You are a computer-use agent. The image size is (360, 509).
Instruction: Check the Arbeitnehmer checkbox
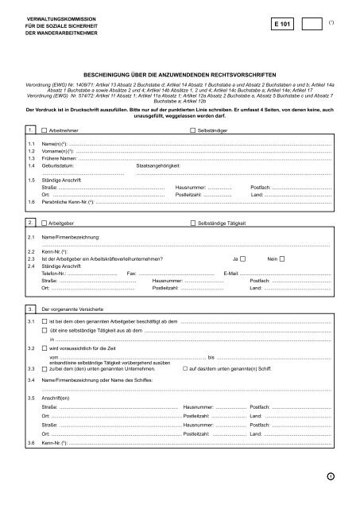click(44, 129)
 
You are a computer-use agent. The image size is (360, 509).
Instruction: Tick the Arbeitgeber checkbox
click(44, 226)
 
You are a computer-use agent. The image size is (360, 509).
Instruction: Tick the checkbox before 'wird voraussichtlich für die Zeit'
click(44, 348)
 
